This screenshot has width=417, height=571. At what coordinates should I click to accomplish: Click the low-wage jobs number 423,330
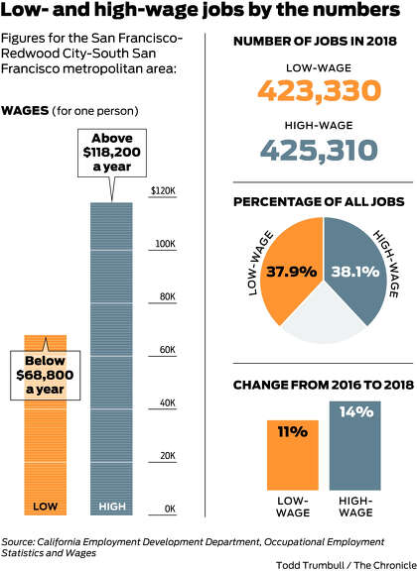320,90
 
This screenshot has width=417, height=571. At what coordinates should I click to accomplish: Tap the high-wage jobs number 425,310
319,150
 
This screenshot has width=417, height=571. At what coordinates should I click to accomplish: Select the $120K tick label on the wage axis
163,190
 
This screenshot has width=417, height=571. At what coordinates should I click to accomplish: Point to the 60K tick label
167,350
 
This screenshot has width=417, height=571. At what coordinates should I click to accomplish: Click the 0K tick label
170,509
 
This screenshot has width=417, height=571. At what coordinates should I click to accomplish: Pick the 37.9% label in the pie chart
291,272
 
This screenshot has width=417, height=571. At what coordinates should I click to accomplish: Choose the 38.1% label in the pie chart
355,272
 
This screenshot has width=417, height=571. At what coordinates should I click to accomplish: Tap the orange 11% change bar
293,455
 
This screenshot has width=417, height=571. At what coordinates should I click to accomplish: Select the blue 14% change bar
355,446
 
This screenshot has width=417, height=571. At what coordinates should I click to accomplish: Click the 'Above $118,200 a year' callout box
112,153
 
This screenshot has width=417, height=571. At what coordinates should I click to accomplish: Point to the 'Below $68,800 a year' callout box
45,375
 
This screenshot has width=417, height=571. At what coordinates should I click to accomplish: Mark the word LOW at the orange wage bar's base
46,507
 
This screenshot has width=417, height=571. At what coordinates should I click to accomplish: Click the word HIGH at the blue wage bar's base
112,507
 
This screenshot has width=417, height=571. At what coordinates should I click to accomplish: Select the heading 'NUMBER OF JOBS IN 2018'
315,42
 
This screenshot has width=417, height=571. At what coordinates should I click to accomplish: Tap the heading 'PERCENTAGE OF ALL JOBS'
319,202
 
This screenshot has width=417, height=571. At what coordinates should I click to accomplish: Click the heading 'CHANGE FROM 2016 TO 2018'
324,385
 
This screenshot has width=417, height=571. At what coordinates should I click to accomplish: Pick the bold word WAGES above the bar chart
25,110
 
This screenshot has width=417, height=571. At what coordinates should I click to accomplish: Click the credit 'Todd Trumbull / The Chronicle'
347,565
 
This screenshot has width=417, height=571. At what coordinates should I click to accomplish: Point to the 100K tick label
166,244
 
